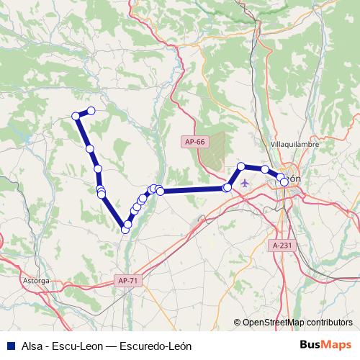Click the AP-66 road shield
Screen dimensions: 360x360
(194, 142)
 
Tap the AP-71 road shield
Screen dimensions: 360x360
(127, 279)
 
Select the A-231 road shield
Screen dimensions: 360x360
(283, 246)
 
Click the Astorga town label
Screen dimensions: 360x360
(35, 279)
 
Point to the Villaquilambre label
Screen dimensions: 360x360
(293, 144)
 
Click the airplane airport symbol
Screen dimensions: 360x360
(246, 182)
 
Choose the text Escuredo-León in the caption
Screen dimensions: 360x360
(156, 346)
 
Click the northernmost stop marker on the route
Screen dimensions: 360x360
(91, 111)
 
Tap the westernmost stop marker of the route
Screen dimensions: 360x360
(75, 116)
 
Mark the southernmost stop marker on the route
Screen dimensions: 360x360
(126, 230)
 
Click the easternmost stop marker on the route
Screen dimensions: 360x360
(284, 182)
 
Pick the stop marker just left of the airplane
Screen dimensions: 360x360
(228, 187)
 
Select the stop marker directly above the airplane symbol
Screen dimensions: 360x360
(240, 167)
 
